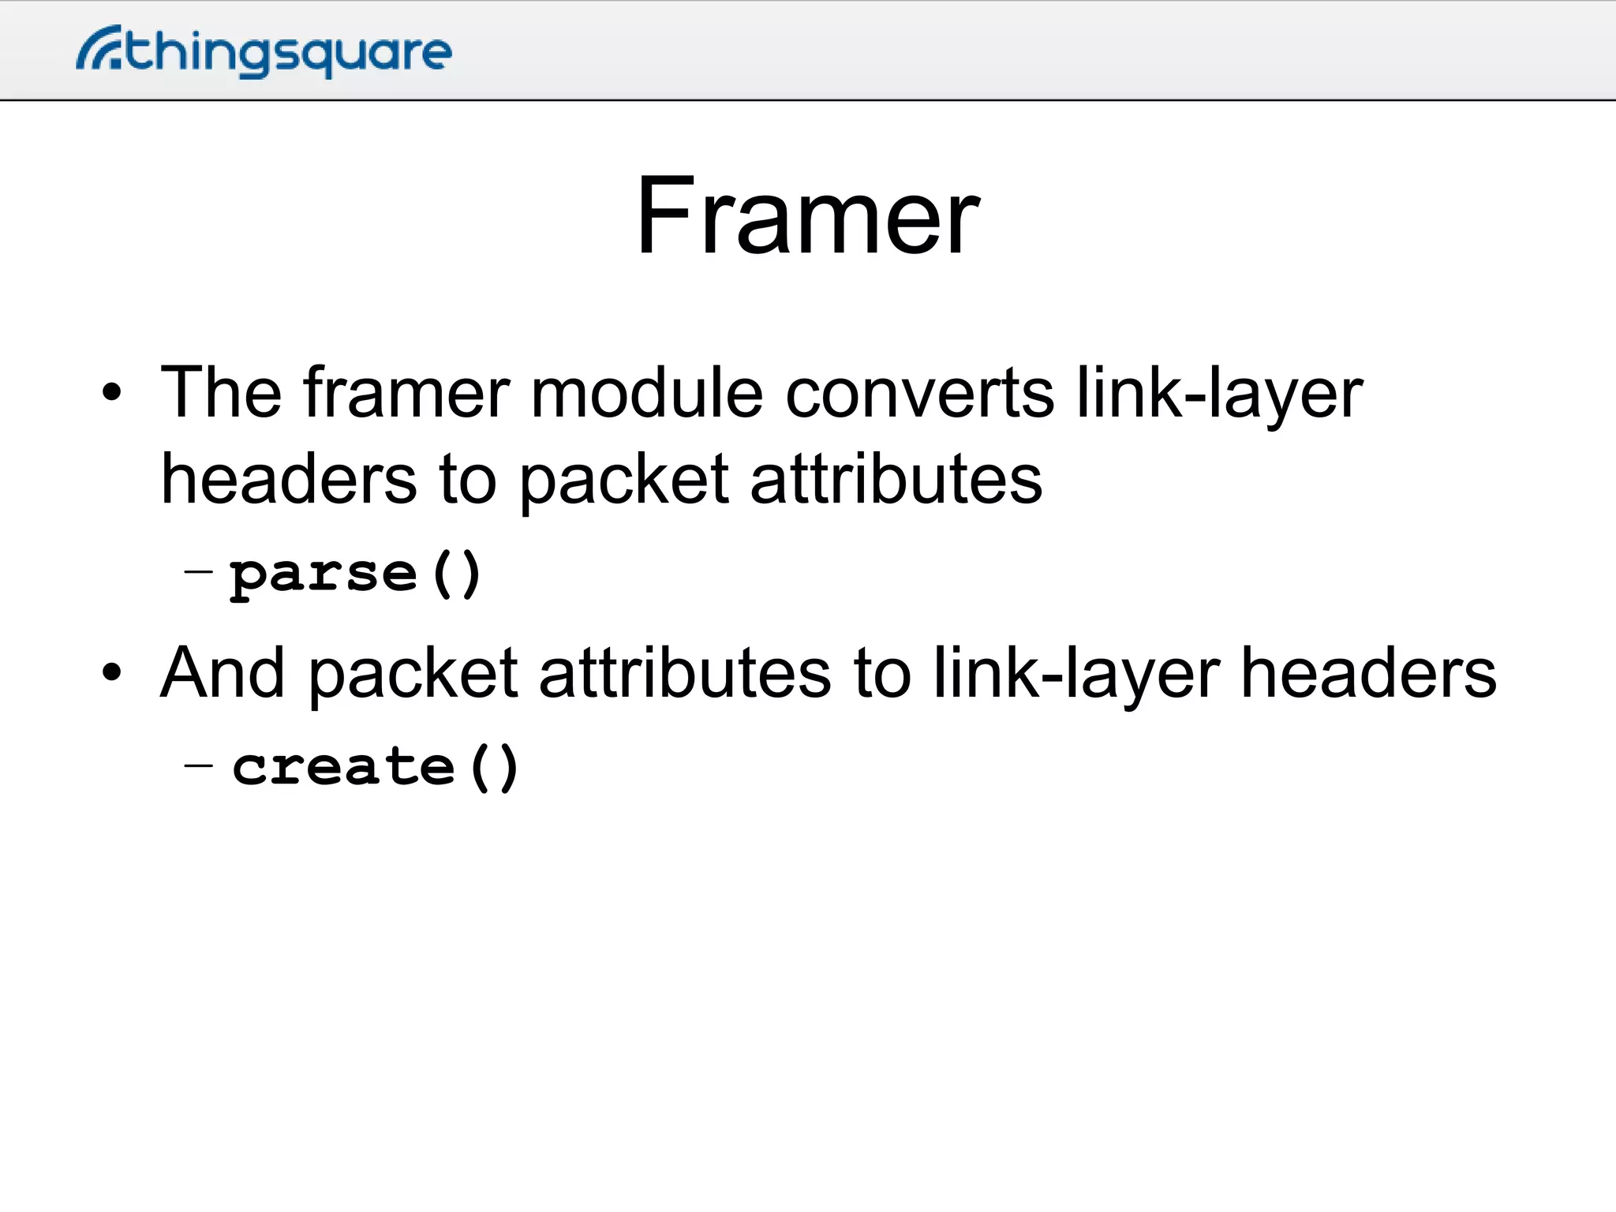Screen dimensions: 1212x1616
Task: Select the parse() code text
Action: coord(355,574)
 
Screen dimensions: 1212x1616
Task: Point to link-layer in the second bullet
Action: coord(1076,674)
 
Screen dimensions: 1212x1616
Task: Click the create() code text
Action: coord(376,767)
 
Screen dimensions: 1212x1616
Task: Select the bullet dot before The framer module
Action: coord(112,392)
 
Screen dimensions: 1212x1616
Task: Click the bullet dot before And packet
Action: coord(112,672)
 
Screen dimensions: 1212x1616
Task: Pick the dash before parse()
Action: coord(198,570)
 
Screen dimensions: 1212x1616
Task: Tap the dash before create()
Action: coord(198,764)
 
